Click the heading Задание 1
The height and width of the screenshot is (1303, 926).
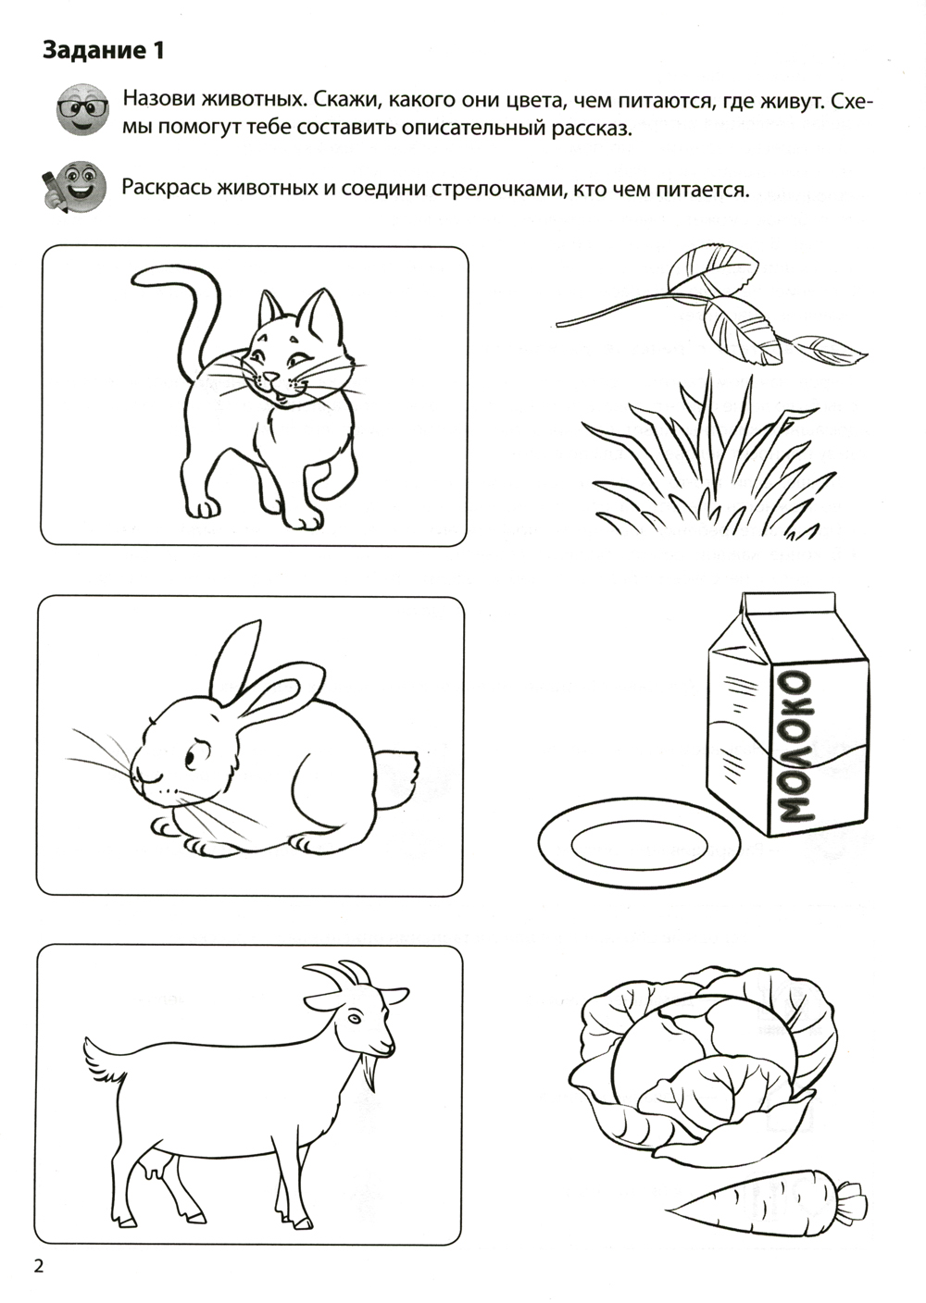pos(104,51)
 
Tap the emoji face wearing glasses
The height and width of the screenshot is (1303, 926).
pos(82,109)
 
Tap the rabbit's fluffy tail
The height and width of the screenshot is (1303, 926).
pos(398,779)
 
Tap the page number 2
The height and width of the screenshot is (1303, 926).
pos(39,1263)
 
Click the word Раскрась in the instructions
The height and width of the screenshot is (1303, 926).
pos(164,189)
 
